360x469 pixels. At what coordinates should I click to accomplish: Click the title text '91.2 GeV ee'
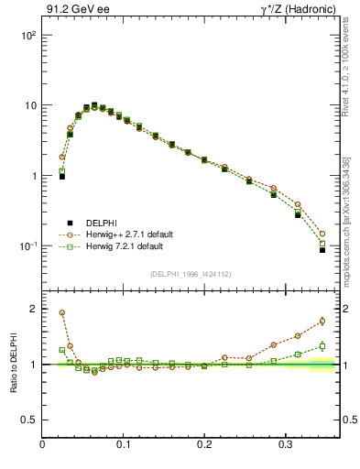(71, 11)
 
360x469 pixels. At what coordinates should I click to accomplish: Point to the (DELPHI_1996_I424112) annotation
(190, 272)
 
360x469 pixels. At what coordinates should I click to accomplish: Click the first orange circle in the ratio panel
(61, 312)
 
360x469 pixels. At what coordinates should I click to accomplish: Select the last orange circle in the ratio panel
(322, 321)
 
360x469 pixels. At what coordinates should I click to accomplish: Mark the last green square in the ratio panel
(322, 345)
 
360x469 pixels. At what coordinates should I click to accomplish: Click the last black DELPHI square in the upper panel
(322, 249)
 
